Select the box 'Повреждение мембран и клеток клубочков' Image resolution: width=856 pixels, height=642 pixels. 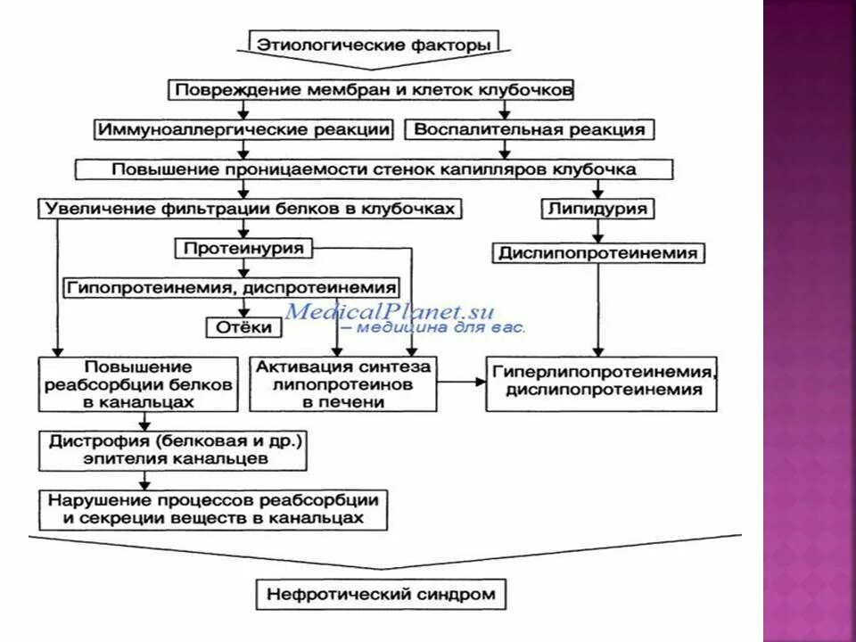(373, 90)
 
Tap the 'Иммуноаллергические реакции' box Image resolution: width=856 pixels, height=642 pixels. (243, 129)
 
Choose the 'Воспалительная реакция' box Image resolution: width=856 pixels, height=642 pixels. (530, 129)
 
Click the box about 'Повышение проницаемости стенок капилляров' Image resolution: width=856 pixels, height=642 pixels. (373, 169)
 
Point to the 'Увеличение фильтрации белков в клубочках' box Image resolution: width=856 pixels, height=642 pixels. (251, 209)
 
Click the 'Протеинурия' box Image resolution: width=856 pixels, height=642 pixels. (243, 248)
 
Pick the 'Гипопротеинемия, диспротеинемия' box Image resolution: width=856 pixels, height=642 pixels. (230, 288)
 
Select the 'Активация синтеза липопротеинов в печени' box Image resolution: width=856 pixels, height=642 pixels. (343, 384)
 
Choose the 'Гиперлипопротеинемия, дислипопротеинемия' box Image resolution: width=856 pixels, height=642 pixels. (601, 383)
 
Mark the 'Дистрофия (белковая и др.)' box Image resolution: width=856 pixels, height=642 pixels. (173, 451)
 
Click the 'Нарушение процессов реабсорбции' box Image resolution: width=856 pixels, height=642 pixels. (213, 509)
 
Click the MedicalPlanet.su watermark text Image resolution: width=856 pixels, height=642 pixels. (390, 312)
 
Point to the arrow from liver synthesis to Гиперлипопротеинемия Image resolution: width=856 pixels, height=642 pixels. (461, 383)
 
